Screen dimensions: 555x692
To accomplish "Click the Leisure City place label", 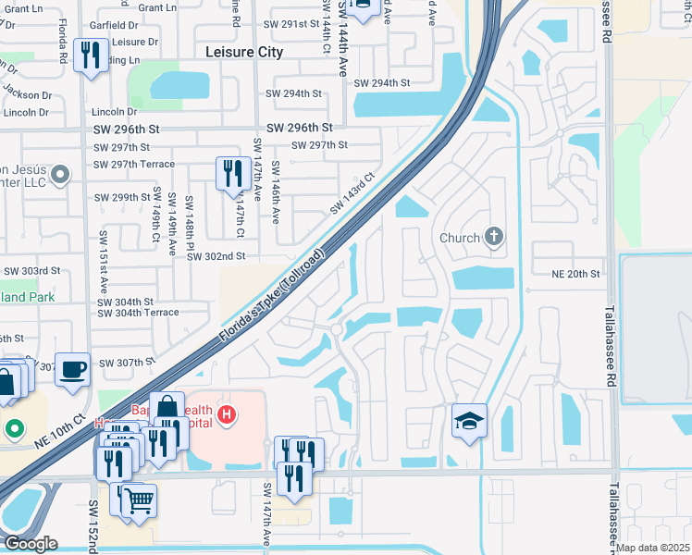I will pyautogui.click(x=244, y=53).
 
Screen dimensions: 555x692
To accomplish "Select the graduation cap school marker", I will pyautogui.click(x=469, y=421).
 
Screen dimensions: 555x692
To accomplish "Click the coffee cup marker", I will pyautogui.click(x=72, y=368).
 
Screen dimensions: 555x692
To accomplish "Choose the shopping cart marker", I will pyautogui.click(x=139, y=500).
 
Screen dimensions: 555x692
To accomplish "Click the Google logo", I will pyautogui.click(x=31, y=544).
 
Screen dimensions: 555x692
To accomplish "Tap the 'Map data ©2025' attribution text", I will pyautogui.click(x=652, y=548).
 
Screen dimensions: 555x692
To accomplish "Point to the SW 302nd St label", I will pyautogui.click(x=216, y=256).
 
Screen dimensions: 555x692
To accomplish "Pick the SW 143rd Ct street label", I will pyautogui.click(x=352, y=193).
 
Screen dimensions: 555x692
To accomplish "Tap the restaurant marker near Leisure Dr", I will pyautogui.click(x=90, y=55).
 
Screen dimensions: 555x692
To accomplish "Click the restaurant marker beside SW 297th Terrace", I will pyautogui.click(x=231, y=173).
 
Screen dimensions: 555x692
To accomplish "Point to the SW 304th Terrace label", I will pyautogui.click(x=138, y=313).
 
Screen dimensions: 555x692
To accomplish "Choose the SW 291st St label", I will pyautogui.click(x=290, y=25).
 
